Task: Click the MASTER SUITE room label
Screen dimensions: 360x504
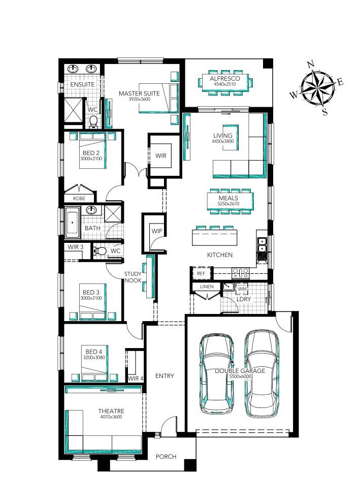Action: [x=139, y=93]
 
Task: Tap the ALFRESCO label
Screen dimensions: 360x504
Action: [x=225, y=79]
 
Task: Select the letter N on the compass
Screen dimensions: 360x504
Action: [x=311, y=65]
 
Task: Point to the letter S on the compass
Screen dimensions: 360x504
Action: [x=325, y=112]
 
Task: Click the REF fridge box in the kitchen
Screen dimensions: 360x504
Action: [x=201, y=273]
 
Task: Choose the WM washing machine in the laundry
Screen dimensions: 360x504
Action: [x=242, y=289]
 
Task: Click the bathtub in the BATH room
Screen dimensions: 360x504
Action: [x=73, y=222]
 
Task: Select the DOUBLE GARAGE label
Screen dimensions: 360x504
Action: [x=240, y=371]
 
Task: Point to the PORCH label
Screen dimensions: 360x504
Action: [x=166, y=456]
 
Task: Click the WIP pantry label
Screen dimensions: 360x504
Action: [x=157, y=231]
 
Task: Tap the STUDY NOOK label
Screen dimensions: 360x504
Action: [x=133, y=277]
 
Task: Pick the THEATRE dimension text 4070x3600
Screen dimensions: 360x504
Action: [x=111, y=417]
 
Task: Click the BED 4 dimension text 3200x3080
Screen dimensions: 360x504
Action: [x=94, y=358]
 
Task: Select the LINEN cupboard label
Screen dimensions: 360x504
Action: [x=207, y=287]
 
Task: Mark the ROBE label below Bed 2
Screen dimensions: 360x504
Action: [x=79, y=199]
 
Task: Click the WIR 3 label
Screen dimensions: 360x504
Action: [x=76, y=247]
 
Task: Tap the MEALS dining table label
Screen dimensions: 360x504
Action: [x=228, y=198]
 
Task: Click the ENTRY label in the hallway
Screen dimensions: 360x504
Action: [x=165, y=376]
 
